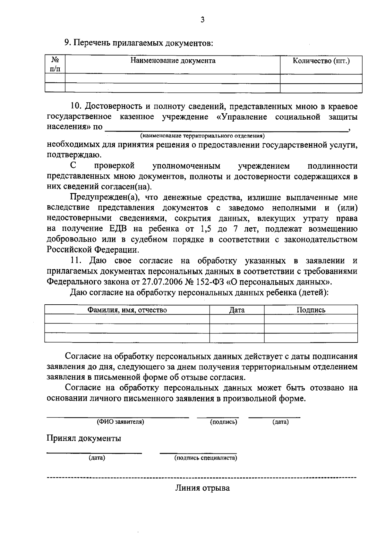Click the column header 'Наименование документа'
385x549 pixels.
(173, 61)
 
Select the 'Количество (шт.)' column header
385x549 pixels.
(321, 61)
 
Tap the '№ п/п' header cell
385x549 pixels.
(55, 64)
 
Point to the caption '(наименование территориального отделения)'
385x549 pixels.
(202, 136)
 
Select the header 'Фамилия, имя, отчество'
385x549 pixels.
(127, 310)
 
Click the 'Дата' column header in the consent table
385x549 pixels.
(237, 310)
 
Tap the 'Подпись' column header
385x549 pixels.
(311, 310)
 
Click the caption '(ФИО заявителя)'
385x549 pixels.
(121, 422)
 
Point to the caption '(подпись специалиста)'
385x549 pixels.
(206, 458)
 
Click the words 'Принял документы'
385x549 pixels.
(84, 438)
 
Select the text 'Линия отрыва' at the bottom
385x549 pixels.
(202, 488)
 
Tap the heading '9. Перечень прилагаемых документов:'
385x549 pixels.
(139, 43)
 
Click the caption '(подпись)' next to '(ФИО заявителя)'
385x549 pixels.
(224, 422)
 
